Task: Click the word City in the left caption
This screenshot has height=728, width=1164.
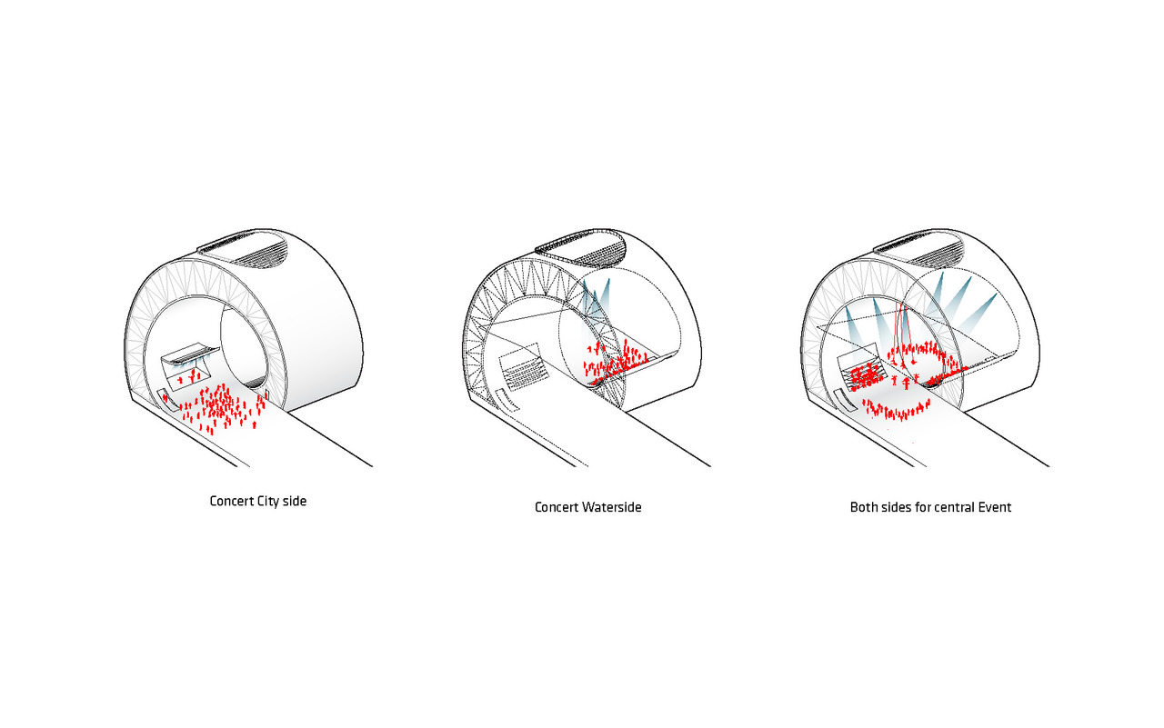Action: (x=267, y=502)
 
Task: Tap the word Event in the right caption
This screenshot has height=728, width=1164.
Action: (x=995, y=507)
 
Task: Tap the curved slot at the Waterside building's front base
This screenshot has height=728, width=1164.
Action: (x=507, y=400)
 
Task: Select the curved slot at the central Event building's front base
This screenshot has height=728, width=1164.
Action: (x=846, y=400)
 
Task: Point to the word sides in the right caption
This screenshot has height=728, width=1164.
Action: (x=896, y=507)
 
